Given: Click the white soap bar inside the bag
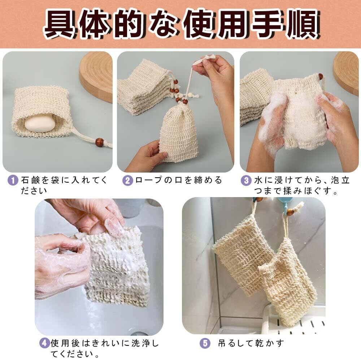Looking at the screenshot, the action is tap(40, 123).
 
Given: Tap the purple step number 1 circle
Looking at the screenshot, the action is tap(13, 180).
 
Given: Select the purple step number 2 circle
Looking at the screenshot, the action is tap(127, 180).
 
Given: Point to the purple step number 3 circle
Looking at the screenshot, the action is tap(246, 180).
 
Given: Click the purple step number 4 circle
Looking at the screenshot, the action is tap(44, 343).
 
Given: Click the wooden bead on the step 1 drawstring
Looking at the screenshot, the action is tap(100, 142).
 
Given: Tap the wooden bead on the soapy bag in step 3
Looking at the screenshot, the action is tap(320, 77).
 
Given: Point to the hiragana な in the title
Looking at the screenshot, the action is tap(164, 24).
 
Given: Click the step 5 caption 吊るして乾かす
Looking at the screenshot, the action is tap(251, 343).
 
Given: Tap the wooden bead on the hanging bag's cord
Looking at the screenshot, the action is tap(291, 211).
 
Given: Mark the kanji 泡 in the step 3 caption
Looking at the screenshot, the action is tap(335, 180).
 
